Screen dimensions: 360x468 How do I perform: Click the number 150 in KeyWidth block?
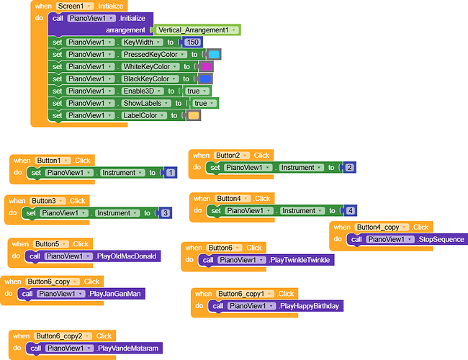click(192, 42)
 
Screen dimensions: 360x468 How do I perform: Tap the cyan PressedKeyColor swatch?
click(214, 54)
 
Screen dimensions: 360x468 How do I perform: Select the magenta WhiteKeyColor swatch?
click(206, 66)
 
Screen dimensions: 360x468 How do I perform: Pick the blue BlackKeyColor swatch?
click(205, 78)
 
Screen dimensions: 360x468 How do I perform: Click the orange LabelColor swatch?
click(194, 115)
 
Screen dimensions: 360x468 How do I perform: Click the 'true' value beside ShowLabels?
click(200, 103)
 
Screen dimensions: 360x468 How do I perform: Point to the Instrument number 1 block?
click(171, 173)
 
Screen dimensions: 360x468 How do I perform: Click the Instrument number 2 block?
click(349, 167)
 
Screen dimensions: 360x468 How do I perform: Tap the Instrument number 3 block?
click(165, 213)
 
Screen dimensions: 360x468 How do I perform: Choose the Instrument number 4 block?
click(351, 210)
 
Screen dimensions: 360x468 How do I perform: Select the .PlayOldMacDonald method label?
click(126, 256)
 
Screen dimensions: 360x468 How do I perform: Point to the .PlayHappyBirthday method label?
click(309, 305)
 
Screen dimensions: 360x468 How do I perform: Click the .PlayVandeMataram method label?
click(129, 348)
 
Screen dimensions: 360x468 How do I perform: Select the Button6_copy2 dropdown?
click(63, 336)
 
